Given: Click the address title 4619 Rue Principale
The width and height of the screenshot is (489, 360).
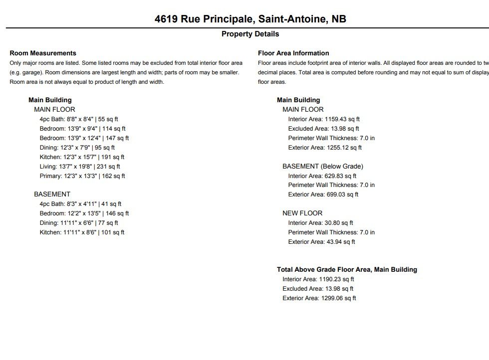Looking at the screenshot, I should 250,19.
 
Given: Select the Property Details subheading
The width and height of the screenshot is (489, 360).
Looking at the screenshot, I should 250,34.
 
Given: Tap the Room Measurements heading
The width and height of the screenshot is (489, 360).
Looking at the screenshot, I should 43,53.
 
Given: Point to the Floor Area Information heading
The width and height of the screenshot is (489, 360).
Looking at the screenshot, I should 293,53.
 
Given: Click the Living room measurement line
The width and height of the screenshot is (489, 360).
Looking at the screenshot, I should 80,167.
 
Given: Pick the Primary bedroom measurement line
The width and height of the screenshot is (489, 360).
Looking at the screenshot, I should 82,176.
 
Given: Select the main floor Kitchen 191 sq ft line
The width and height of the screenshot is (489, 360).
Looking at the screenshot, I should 82,157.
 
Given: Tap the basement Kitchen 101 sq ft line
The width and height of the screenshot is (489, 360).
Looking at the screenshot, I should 82,232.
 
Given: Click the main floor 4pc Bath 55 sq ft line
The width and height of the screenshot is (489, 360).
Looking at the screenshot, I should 79,119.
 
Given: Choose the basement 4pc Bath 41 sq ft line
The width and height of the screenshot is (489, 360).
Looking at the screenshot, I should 80,204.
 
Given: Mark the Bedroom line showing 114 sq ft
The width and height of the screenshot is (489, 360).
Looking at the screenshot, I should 82,129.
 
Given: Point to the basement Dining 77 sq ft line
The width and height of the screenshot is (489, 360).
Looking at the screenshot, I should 79,223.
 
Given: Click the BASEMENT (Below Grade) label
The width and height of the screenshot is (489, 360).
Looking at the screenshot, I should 323,167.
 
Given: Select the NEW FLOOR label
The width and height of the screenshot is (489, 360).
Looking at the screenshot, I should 302,213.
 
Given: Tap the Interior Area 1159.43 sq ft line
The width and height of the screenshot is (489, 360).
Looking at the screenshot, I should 324,119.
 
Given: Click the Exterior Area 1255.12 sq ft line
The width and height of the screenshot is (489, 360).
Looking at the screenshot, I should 325,148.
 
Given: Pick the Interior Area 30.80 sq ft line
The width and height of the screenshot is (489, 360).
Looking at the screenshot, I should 320,223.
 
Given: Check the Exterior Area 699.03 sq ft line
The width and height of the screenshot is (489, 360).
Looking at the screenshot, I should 323,194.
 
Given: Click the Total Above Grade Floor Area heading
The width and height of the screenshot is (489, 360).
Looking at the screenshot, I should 347,270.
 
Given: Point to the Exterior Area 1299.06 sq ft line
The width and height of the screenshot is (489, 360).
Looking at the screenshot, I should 319,298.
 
